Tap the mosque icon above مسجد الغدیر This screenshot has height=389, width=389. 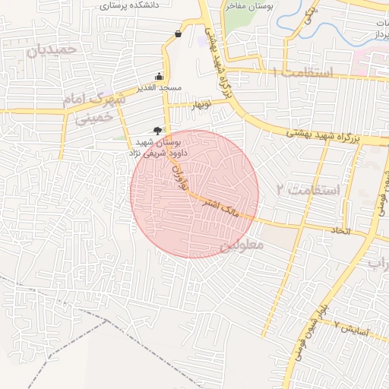pyautogui.click(x=158, y=76)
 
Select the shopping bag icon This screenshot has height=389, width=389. pyautogui.click(x=178, y=33)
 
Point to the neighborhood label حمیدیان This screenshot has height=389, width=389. pyautogui.click(x=52, y=50)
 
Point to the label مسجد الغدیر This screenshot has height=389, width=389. pyautogui.click(x=160, y=88)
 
